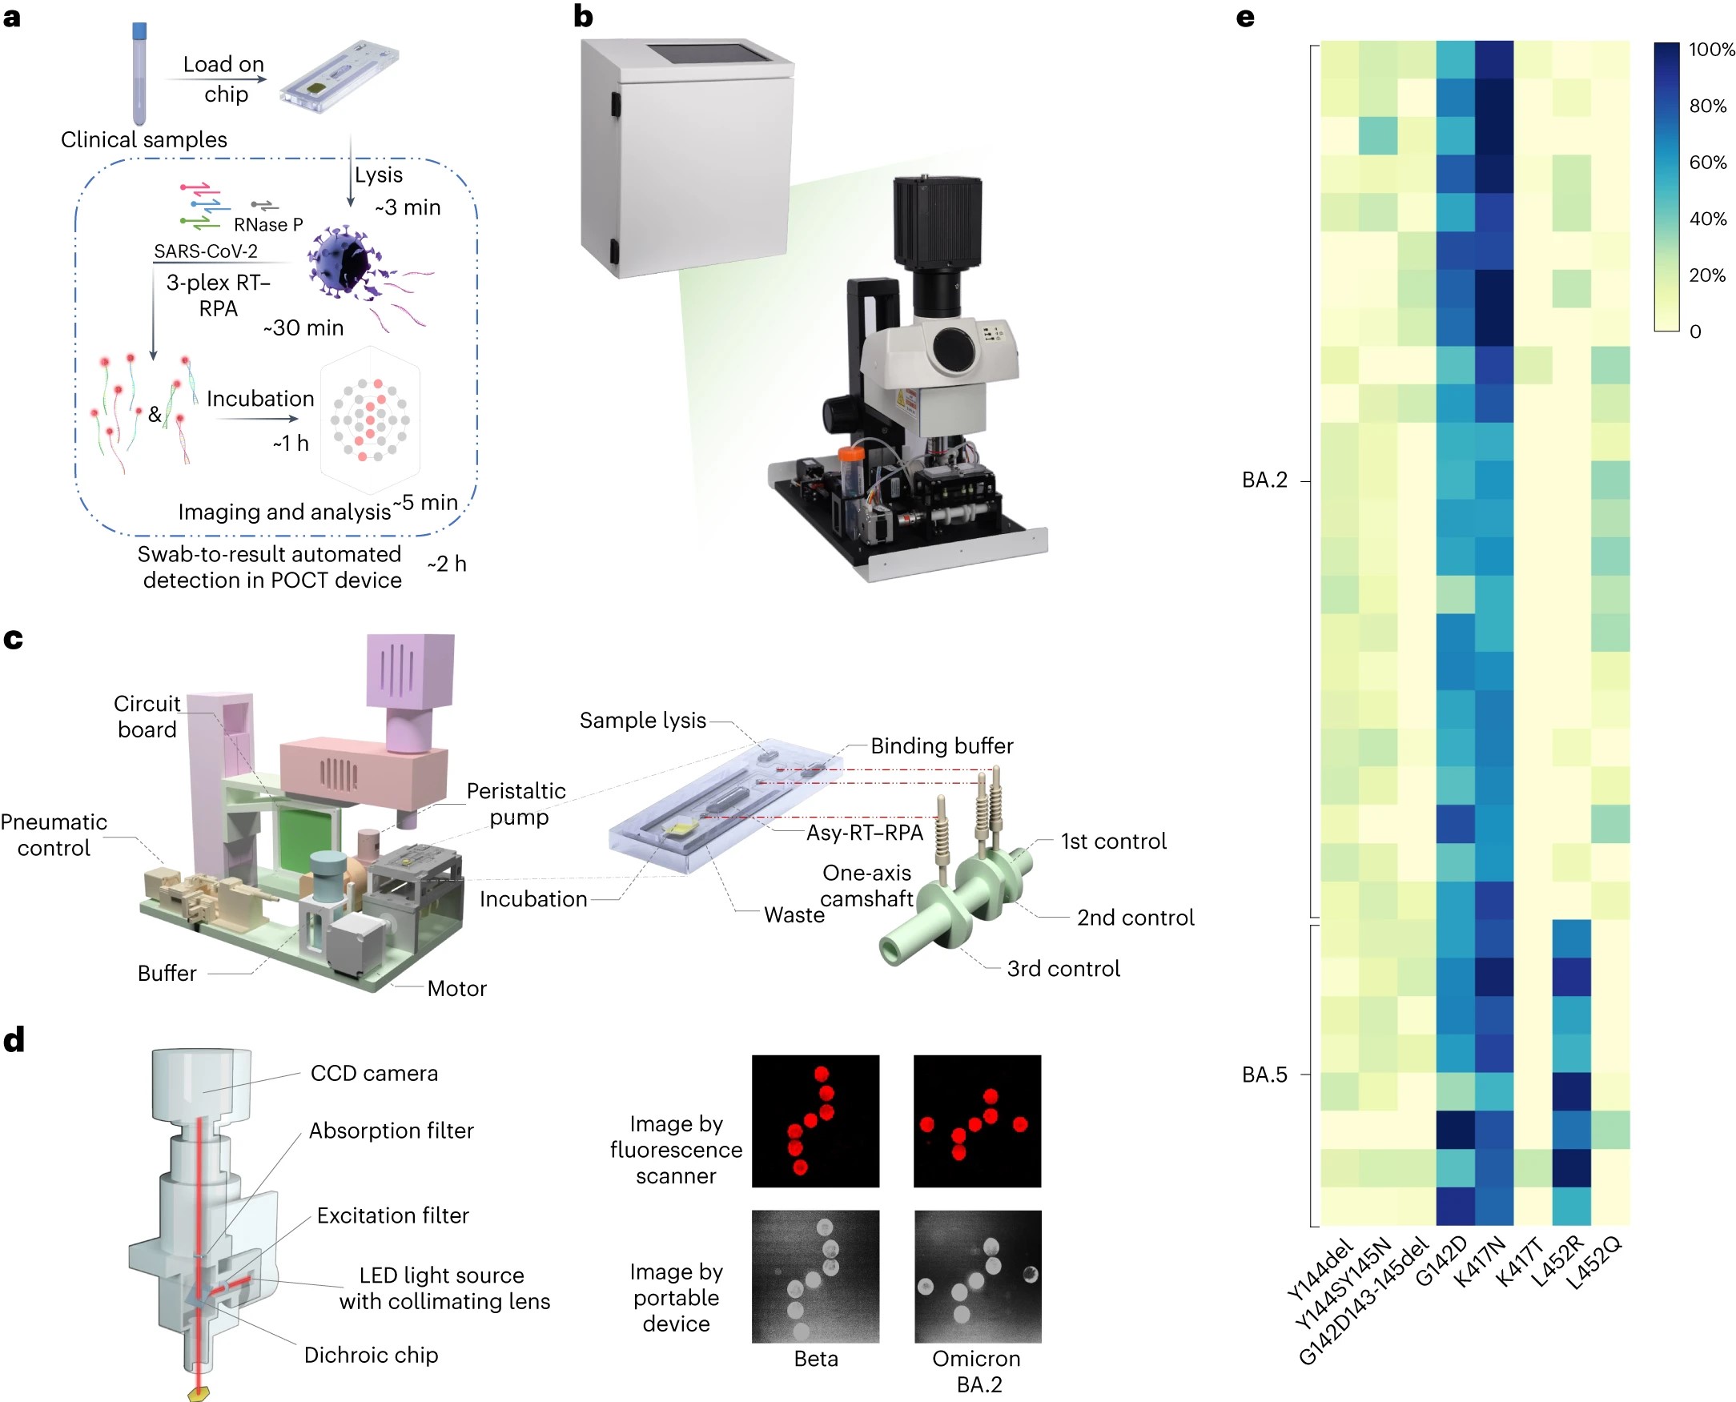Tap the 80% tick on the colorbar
[1707, 106]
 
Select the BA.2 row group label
[1264, 480]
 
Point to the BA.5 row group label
[1264, 1075]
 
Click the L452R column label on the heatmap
[1558, 1261]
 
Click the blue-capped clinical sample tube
[139, 73]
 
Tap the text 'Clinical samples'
[143, 139]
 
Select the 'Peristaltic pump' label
[516, 804]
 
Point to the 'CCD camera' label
[374, 1073]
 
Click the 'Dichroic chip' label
[371, 1355]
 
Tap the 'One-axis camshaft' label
[866, 886]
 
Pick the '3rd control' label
[1063, 969]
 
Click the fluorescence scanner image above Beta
[814, 1121]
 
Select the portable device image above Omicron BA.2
[977, 1276]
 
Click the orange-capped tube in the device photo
[851, 476]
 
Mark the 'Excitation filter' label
[392, 1215]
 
